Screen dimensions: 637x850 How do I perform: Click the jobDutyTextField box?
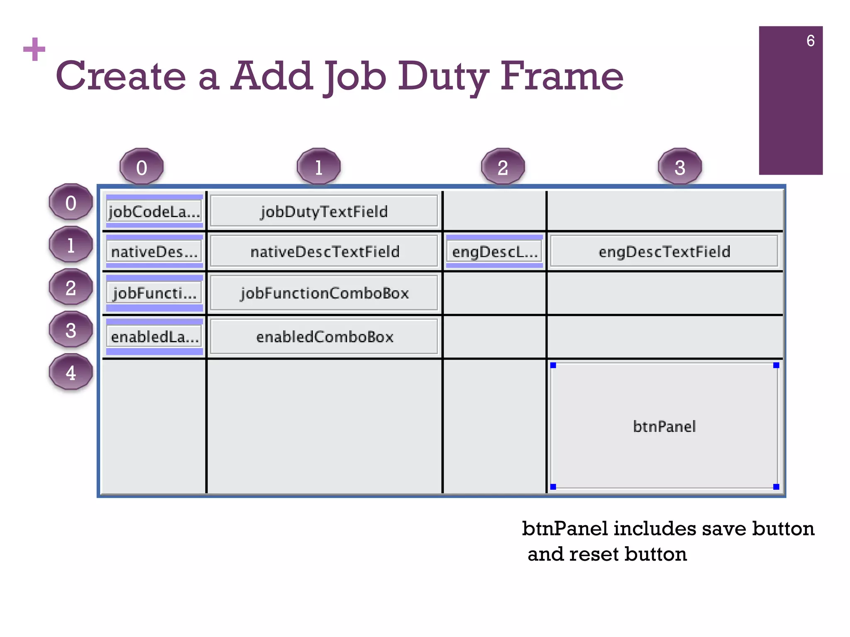click(x=324, y=211)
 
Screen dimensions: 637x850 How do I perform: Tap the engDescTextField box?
click(x=664, y=251)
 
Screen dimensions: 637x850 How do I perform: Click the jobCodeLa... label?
click(x=154, y=212)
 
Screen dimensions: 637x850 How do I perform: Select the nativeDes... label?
click(x=154, y=251)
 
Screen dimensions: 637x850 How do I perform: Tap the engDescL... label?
click(x=494, y=251)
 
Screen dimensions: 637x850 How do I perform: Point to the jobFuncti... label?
click(x=154, y=293)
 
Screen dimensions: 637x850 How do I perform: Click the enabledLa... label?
click(x=154, y=336)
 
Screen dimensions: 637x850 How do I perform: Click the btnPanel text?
click(x=664, y=426)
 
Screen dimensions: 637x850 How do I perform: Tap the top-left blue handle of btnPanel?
click(x=553, y=365)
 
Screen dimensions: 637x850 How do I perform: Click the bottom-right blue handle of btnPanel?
click(x=776, y=487)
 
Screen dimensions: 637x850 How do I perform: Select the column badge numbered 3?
click(x=679, y=167)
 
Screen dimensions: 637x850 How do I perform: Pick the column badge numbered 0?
click(x=142, y=167)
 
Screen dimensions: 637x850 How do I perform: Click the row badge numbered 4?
click(x=71, y=372)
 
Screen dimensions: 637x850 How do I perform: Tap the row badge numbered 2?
click(x=71, y=287)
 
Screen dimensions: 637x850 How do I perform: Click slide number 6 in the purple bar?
click(x=810, y=41)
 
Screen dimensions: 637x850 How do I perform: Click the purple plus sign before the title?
click(x=34, y=49)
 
